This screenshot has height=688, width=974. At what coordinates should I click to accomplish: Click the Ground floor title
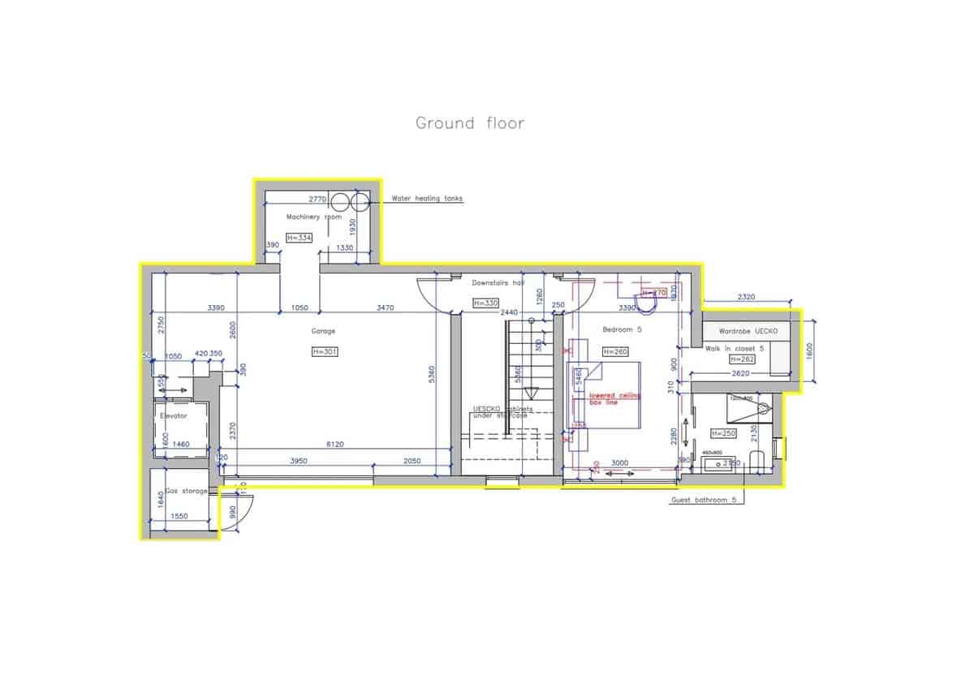470,123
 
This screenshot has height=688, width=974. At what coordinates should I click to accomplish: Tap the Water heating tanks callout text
427,198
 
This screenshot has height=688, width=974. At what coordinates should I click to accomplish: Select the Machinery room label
313,217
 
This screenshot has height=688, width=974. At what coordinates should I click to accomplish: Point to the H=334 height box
299,237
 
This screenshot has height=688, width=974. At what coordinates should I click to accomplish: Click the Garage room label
323,331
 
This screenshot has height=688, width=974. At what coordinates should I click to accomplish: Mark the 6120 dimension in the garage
334,444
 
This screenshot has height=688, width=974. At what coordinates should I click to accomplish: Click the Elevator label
174,415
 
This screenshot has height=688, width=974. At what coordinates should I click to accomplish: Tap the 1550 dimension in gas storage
179,516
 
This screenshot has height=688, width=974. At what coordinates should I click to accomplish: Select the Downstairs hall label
498,282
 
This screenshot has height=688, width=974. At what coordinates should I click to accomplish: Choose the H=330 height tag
485,303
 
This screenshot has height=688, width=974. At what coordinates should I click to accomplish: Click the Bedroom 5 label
622,330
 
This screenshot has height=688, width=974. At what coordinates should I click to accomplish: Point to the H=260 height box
614,351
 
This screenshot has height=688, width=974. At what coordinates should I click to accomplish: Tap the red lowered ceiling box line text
614,398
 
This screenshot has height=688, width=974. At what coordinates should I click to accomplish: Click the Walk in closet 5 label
735,347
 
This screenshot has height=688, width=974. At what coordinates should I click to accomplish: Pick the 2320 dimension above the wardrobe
747,297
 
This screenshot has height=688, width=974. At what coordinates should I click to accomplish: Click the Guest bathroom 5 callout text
703,500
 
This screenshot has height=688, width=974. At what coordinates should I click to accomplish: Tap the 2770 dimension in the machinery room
317,198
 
